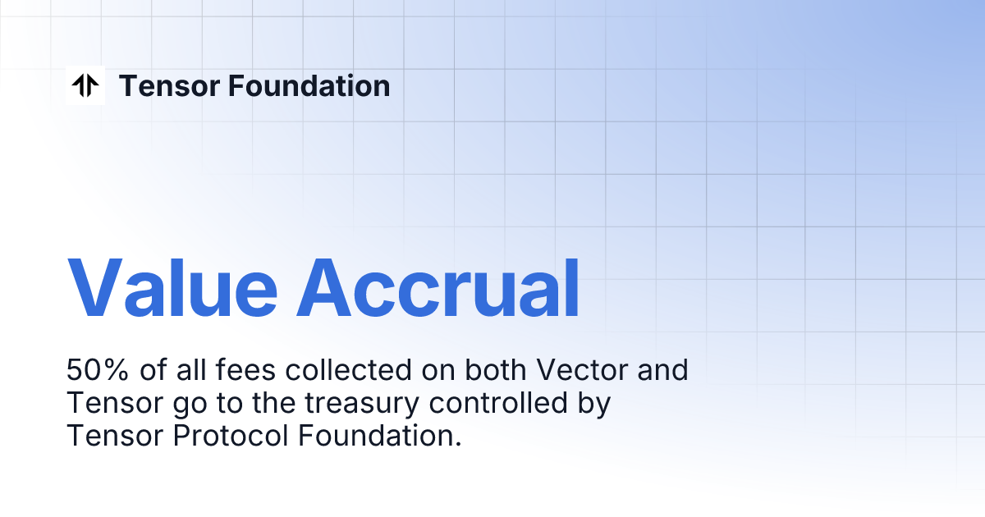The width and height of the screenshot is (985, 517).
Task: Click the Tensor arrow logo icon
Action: (85, 85)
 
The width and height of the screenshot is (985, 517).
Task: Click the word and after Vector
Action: (662, 370)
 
